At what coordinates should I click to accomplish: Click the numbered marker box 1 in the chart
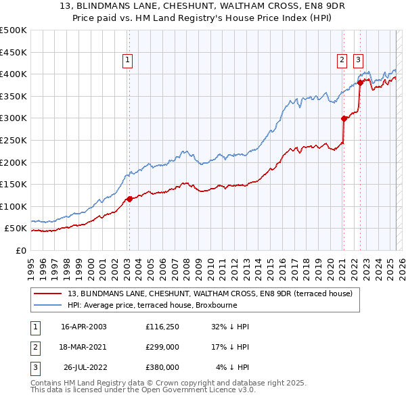point(128,60)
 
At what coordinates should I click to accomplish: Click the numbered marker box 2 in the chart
point(342,60)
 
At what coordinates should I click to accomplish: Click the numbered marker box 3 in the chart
point(358,60)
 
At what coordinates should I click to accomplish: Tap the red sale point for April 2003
point(129,199)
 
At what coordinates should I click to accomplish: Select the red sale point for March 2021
point(344,118)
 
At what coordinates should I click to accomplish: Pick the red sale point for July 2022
point(360,83)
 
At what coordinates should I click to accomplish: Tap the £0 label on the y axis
point(22,250)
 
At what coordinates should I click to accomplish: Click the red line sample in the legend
point(49,294)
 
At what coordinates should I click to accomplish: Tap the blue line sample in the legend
point(49,306)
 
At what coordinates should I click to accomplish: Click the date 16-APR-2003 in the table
point(84,327)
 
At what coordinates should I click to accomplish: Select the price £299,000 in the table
point(162,347)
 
